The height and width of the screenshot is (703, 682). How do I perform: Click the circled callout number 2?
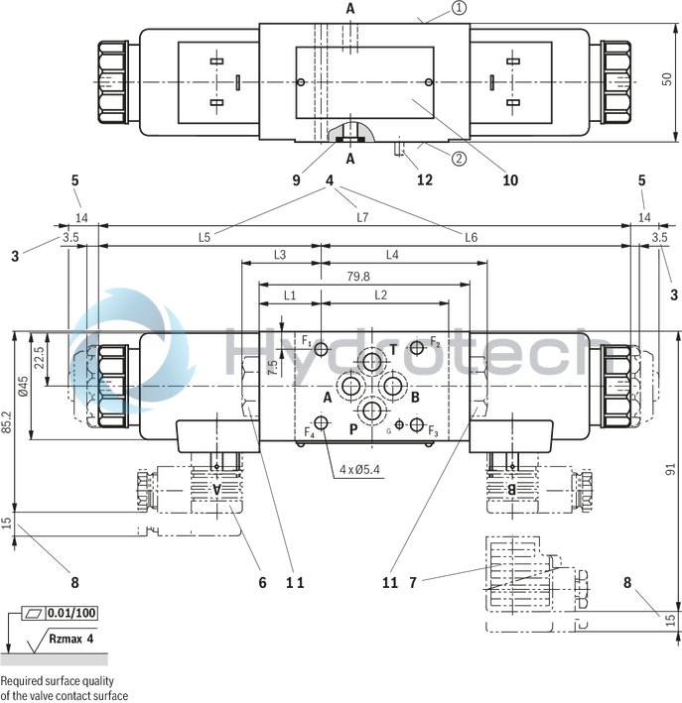[x=460, y=157]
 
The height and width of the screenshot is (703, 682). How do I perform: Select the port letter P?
[x=352, y=428]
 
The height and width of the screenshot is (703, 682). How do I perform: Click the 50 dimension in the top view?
[x=668, y=77]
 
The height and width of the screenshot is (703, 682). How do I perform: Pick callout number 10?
[x=510, y=180]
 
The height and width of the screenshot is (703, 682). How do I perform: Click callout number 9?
[x=295, y=180]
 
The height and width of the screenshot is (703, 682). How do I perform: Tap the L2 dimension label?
[x=381, y=295]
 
